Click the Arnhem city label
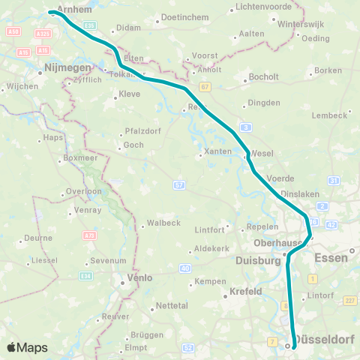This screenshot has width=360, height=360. (73, 8)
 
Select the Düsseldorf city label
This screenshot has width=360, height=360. (325, 341)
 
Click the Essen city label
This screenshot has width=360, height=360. (331, 257)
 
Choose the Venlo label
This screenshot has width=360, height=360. (139, 277)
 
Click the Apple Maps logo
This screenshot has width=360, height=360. (27, 347)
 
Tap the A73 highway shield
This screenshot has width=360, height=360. (91, 235)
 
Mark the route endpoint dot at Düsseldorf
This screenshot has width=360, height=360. (287, 346)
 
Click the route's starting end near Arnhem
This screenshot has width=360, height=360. (50, 12)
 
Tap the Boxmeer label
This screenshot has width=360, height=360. (79, 158)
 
